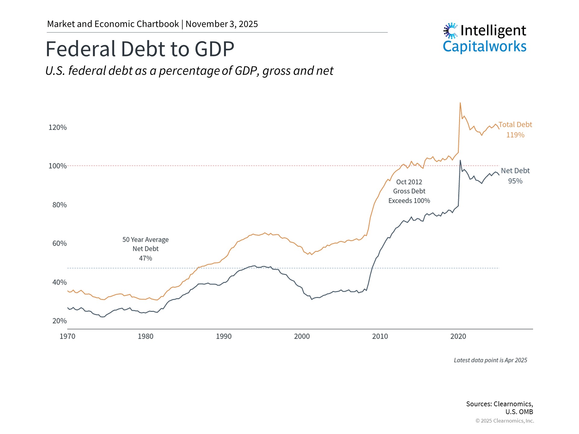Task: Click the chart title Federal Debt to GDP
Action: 140,49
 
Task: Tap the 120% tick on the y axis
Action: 58,127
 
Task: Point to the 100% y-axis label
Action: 58,166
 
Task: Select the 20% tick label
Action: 59,321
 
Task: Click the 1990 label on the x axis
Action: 224,336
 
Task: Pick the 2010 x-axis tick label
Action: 380,336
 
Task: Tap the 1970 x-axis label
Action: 68,336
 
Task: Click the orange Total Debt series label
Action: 515,125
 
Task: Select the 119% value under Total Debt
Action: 515,135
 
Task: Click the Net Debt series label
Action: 515,171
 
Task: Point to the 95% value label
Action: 515,181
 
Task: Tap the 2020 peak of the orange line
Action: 460,103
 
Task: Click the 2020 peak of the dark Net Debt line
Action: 460,160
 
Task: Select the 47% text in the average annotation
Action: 145,258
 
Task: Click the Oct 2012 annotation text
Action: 409,182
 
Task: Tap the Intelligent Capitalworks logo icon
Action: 451,30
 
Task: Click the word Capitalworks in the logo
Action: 484,47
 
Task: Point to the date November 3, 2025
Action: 222,24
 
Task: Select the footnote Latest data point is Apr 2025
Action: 490,360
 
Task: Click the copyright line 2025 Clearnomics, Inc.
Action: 505,421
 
